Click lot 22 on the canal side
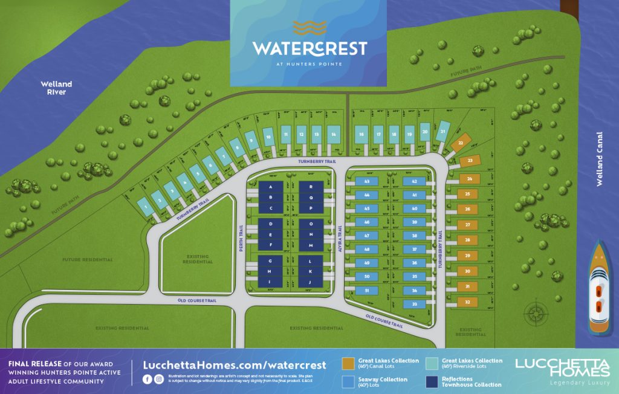pyautogui.click(x=461, y=143)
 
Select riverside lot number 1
pyautogui.click(x=145, y=207)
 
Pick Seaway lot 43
pyautogui.click(x=366, y=181)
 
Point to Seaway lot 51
pyautogui.click(x=366, y=291)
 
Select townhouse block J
pyautogui.click(x=310, y=282)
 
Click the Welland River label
pyautogui.click(x=56, y=88)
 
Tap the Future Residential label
pyautogui.click(x=88, y=260)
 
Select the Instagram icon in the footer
pyautogui.click(x=159, y=379)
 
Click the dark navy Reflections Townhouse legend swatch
pyautogui.click(x=432, y=382)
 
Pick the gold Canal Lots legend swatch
pyautogui.click(x=348, y=363)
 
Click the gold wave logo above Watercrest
pyautogui.click(x=309, y=28)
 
